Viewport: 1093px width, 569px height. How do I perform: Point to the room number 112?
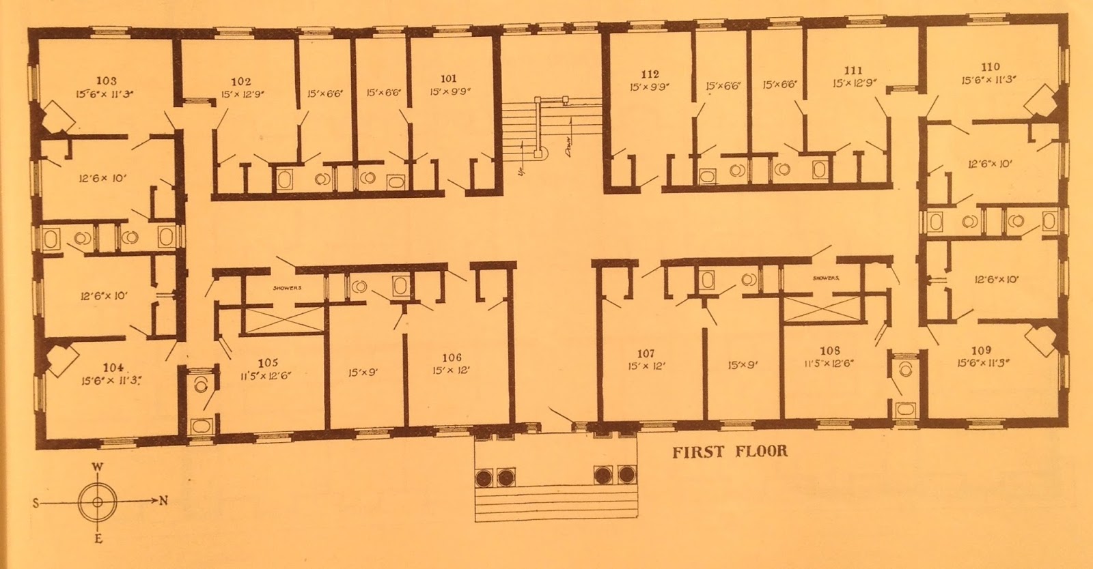pyautogui.click(x=650, y=74)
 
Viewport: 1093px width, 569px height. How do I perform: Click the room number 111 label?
pyautogui.click(x=853, y=70)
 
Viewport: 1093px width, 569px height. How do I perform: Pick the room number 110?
pyautogui.click(x=990, y=67)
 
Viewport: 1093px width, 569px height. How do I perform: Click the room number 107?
pyautogui.click(x=646, y=353)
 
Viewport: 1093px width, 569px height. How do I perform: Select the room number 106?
pyautogui.click(x=452, y=358)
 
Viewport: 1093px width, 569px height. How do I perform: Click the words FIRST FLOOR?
pyautogui.click(x=730, y=452)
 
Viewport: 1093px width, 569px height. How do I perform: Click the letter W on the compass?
pyautogui.click(x=98, y=467)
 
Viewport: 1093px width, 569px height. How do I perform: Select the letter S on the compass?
pyautogui.click(x=34, y=503)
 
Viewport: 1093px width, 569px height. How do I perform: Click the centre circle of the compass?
pyautogui.click(x=98, y=502)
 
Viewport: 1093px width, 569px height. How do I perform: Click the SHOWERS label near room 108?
pyautogui.click(x=825, y=278)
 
